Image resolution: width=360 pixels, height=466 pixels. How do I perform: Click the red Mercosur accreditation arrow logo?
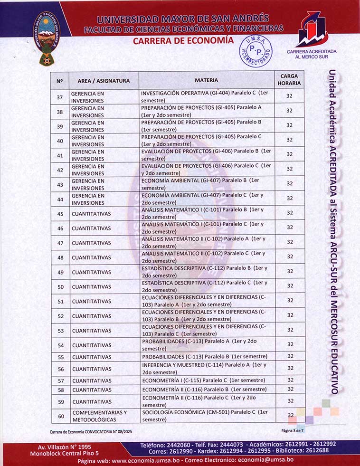click(x=311, y=29)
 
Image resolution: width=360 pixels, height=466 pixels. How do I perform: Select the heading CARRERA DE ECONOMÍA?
click(x=183, y=41)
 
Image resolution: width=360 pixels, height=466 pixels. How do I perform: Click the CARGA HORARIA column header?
click(x=289, y=79)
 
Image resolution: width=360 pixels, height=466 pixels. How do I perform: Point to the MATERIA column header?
click(x=207, y=80)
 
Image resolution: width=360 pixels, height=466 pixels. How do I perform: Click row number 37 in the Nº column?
click(x=60, y=97)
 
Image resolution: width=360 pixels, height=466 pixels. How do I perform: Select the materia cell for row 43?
click(x=207, y=184)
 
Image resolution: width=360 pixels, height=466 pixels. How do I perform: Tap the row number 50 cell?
click(x=60, y=286)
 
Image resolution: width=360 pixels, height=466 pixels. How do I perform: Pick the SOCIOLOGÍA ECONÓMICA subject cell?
click(x=207, y=416)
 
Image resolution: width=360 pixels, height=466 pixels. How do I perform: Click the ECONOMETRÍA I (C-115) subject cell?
click(x=207, y=380)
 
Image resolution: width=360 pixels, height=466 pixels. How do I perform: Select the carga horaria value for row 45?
click(x=289, y=213)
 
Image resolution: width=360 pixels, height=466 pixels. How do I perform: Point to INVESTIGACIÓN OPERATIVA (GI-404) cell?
click(x=207, y=96)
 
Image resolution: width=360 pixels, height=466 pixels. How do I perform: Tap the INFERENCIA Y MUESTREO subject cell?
click(x=207, y=369)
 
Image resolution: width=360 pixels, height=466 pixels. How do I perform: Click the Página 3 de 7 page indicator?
click(x=292, y=430)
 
